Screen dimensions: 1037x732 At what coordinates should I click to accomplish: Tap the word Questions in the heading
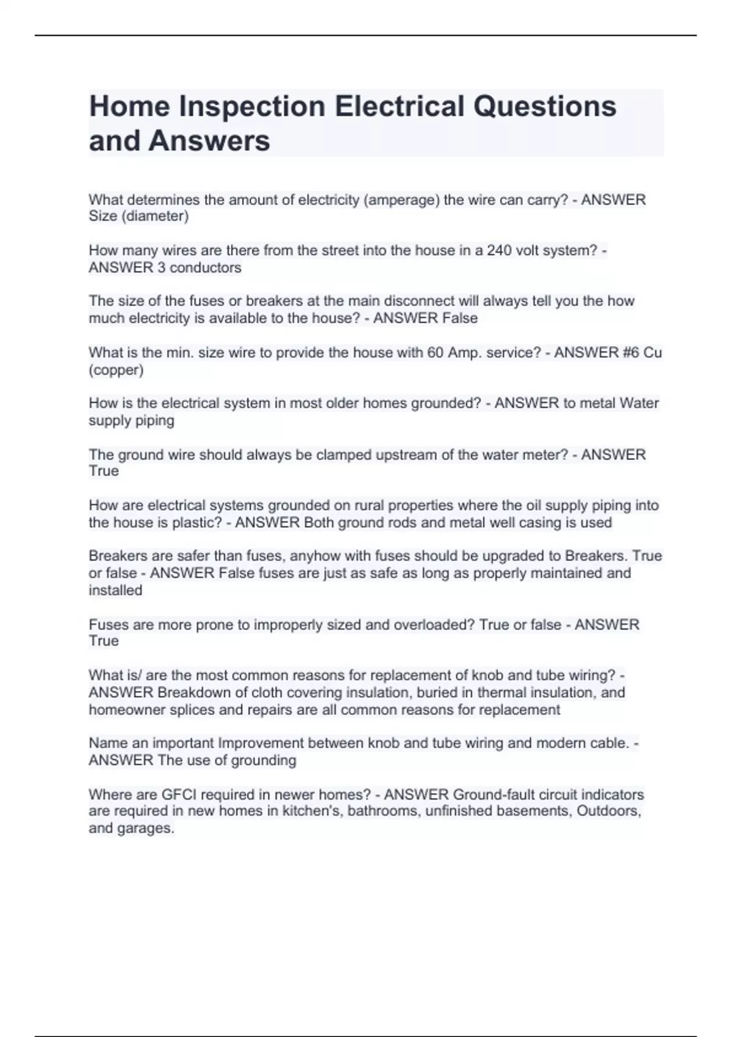(x=545, y=107)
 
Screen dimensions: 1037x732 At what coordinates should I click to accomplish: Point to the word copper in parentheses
(x=117, y=370)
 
